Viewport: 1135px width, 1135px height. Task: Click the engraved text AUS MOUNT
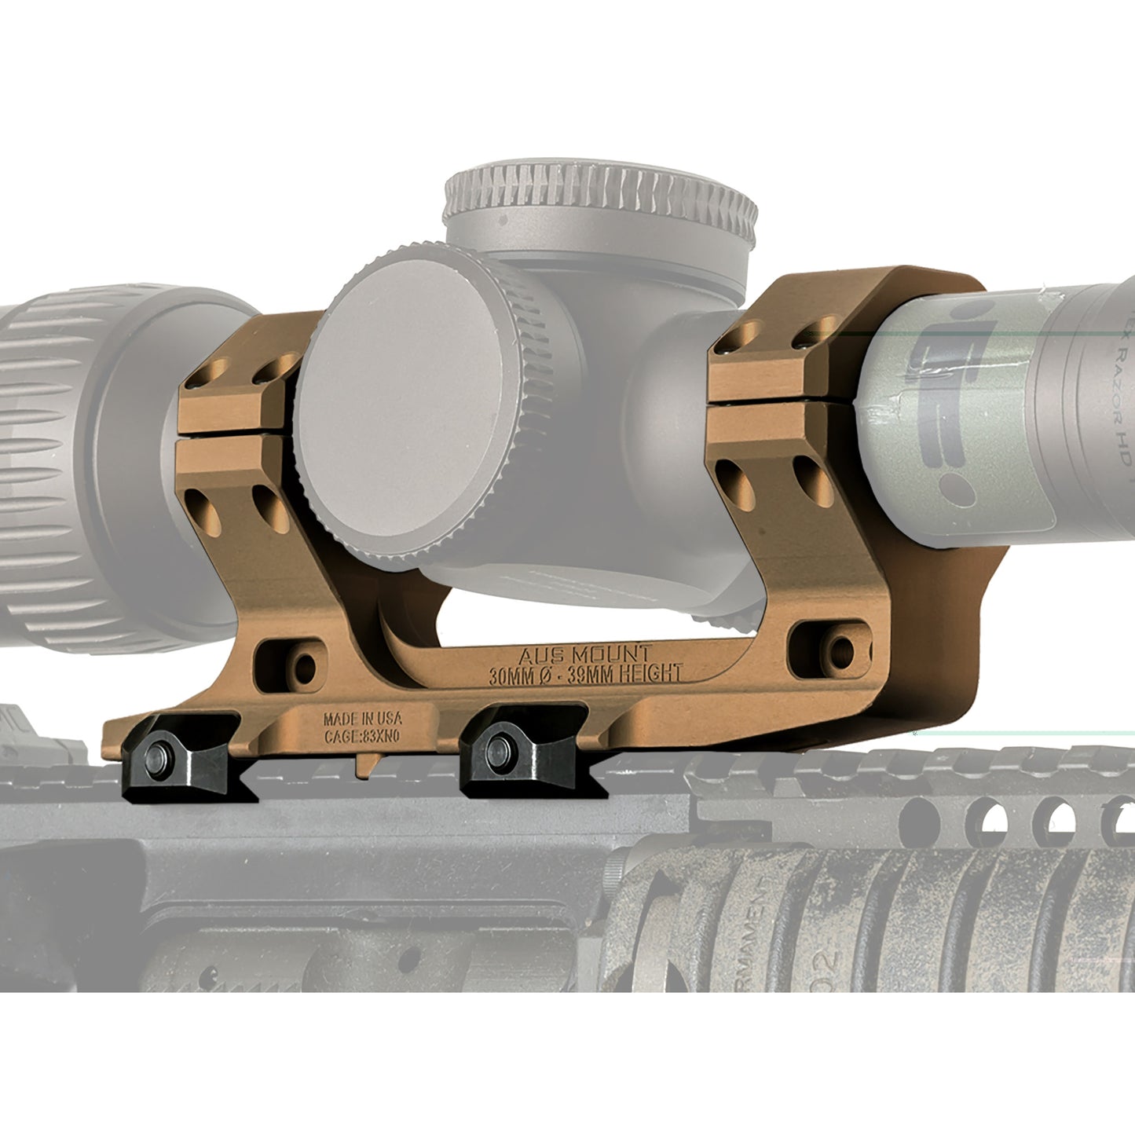[x=585, y=654]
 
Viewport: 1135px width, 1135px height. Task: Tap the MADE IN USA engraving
[x=362, y=719]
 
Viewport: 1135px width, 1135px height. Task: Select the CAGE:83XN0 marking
[x=362, y=737]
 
